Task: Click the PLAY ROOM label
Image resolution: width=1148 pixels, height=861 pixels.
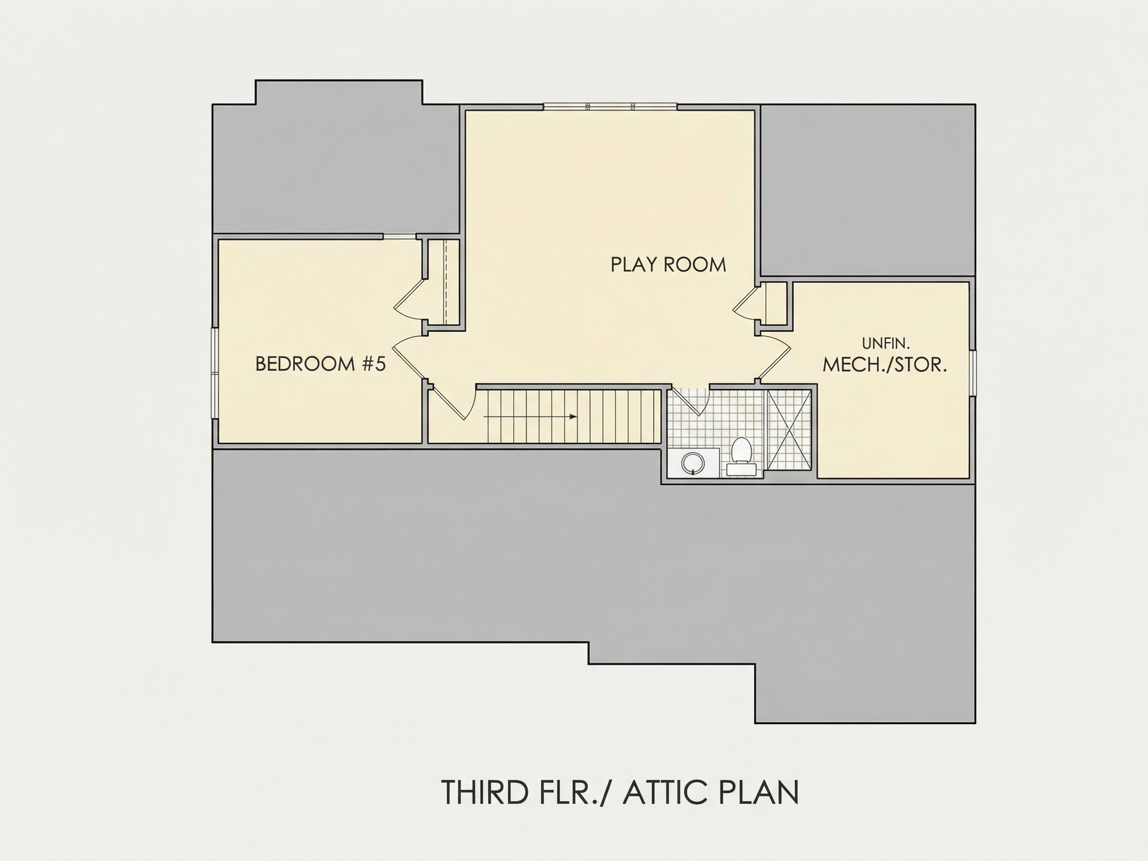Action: click(668, 265)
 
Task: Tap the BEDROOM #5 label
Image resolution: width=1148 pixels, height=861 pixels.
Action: click(321, 364)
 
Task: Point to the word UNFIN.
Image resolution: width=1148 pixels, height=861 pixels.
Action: click(886, 343)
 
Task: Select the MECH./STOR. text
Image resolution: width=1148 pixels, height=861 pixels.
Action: click(885, 364)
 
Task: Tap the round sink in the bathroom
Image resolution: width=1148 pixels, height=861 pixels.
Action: click(692, 463)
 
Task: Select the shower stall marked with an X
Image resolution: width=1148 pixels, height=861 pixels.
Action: click(788, 430)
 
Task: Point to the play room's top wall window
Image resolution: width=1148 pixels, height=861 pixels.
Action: click(610, 107)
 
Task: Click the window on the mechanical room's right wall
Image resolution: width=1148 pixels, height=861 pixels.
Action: click(973, 373)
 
